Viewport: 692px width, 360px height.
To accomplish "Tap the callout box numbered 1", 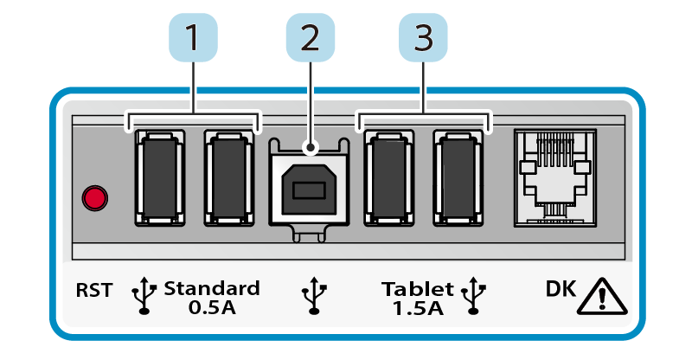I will pyautogui.click(x=192, y=40).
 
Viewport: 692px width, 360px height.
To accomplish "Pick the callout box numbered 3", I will pyautogui.click(x=424, y=40).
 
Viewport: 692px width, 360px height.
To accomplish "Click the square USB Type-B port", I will pyautogui.click(x=309, y=184).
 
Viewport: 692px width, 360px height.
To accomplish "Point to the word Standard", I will pyautogui.click(x=211, y=288).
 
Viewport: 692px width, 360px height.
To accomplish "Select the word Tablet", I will pyautogui.click(x=418, y=288).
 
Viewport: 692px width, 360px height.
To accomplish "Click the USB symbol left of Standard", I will pyautogui.click(x=144, y=295).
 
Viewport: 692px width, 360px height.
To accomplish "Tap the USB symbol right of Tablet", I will pyautogui.click(x=472, y=295).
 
